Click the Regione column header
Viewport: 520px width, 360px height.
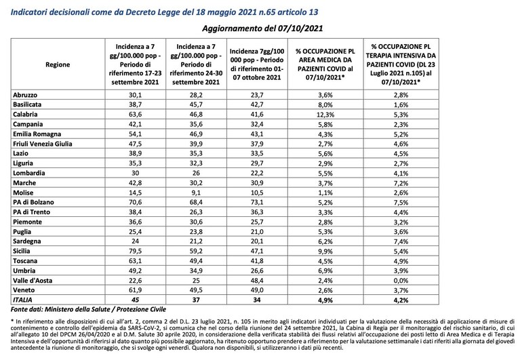pos(58,64)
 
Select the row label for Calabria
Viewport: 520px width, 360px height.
pos(25,115)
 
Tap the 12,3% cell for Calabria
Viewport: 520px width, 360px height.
pos(325,115)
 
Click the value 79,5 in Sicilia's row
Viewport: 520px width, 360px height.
pos(135,252)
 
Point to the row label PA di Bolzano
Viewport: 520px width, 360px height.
pos(33,202)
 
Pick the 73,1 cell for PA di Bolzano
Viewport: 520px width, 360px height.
pos(257,202)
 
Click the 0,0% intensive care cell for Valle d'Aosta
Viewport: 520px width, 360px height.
pos(401,281)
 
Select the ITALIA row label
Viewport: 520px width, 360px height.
pos(22,300)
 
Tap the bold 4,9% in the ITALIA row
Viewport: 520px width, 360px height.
pos(325,300)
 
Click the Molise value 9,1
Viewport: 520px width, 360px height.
pos(196,193)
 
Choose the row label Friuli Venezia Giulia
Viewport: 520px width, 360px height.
pos(43,144)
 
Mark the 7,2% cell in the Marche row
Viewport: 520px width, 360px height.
pos(401,183)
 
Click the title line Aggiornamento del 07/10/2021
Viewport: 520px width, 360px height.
pos(262,28)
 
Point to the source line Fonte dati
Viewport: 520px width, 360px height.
pos(88,309)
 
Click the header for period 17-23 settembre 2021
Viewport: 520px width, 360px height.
pos(135,64)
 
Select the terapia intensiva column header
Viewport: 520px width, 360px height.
pos(401,64)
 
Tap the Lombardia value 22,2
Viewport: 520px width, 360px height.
pos(257,173)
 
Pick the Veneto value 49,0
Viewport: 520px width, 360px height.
pos(257,290)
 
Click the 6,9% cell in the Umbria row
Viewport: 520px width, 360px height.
pos(325,271)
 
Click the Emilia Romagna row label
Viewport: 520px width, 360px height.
pos(37,134)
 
